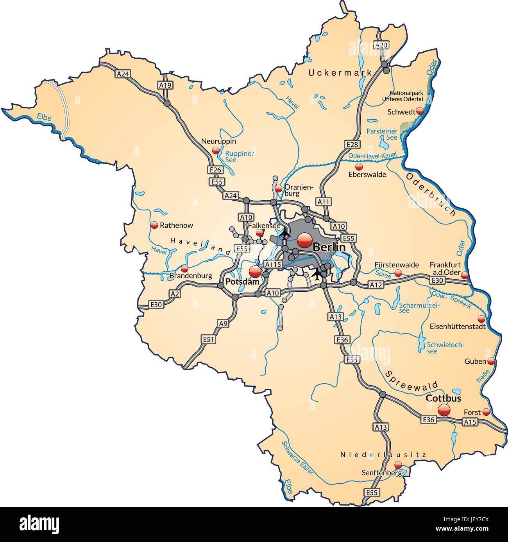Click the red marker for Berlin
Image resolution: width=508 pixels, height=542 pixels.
[x=304, y=240]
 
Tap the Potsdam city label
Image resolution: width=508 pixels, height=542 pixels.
[x=242, y=282]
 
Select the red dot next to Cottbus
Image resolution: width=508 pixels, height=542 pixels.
[x=444, y=410]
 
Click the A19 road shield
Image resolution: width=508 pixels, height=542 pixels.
[x=165, y=85]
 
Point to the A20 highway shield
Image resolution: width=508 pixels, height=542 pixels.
[x=381, y=45]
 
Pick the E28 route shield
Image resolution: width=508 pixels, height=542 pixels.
[x=352, y=144]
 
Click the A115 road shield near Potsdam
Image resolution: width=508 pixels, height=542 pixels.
[x=273, y=265]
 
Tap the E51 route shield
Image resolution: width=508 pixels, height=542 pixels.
[x=208, y=339]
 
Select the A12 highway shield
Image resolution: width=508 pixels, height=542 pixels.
[x=376, y=285]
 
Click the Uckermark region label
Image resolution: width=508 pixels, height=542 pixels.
[x=334, y=72]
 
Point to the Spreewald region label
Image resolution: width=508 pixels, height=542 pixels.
[x=411, y=379]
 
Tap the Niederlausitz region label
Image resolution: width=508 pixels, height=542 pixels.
[x=383, y=454]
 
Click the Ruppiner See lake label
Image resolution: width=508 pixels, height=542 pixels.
[x=240, y=156]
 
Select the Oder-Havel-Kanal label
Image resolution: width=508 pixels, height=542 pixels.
[x=372, y=156]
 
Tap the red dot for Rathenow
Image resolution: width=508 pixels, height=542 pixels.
[x=154, y=225]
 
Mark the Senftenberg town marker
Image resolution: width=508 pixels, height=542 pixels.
[x=398, y=465]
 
